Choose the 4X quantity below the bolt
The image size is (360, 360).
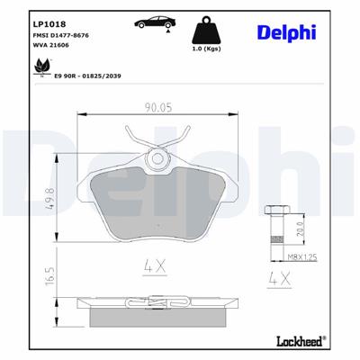pyautogui.click(x=278, y=279)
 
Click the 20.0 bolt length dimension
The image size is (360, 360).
pyautogui.click(x=300, y=231)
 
